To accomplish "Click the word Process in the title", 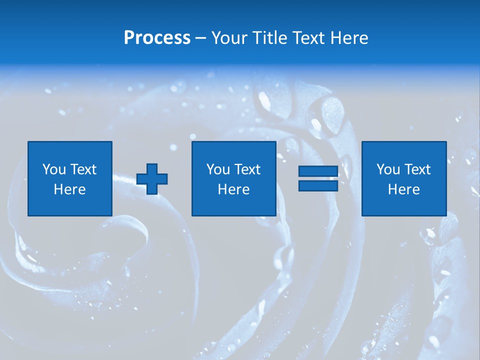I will (157, 37).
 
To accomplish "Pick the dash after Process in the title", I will (200, 38).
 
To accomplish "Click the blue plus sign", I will (152, 179).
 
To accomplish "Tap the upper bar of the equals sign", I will (318, 171).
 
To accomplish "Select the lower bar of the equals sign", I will (318, 185).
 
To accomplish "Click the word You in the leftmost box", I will (53, 169).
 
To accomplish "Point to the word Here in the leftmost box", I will (70, 189).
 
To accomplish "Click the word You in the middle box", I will (217, 169).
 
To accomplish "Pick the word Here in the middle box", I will (234, 189).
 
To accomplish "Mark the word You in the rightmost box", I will (387, 169).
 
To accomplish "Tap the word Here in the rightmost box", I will (404, 189).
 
